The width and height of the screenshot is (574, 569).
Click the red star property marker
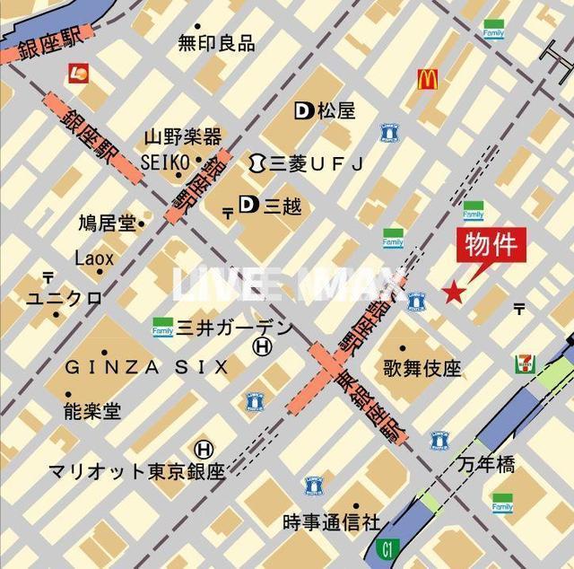tap(455, 292)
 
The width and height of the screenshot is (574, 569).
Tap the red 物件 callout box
tap(491, 244)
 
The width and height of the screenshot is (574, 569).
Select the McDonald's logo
tap(427, 79)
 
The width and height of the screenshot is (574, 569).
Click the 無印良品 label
tap(215, 42)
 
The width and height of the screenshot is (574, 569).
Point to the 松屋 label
tap(335, 111)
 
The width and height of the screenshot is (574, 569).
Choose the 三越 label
tap(282, 206)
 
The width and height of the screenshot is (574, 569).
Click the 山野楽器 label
tap(182, 137)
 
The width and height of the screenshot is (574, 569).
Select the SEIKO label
tap(165, 161)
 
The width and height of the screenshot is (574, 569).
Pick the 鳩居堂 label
tap(107, 222)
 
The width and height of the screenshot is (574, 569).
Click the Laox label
tap(94, 258)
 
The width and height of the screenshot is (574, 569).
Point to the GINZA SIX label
tap(146, 366)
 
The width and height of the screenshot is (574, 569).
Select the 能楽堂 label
tap(91, 411)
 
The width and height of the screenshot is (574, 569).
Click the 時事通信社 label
tap(331, 521)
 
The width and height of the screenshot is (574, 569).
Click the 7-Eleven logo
tap(525, 363)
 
